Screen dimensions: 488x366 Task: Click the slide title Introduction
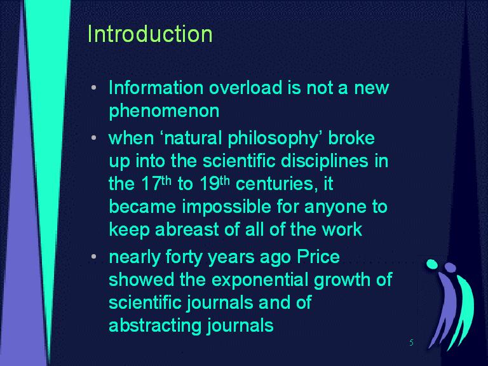pos(150,34)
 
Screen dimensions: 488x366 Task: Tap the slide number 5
pos(412,342)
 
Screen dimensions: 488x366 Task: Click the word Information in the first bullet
pos(156,88)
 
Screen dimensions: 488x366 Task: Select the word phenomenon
pos(164,111)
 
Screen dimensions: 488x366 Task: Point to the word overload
pos(246,88)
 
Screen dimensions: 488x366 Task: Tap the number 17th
pos(156,183)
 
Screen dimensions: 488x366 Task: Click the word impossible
pos(227,207)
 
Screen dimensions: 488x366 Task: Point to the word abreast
pos(187,229)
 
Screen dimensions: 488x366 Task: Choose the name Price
pos(318,257)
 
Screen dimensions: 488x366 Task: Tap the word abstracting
pos(154,326)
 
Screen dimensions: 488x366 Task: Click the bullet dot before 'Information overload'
pos(94,88)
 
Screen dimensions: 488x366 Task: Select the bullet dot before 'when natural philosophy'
pos(94,137)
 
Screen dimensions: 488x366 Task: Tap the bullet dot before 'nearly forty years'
pos(94,257)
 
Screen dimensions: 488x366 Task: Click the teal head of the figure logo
pos(431,264)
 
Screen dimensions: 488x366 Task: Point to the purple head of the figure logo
pos(450,267)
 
